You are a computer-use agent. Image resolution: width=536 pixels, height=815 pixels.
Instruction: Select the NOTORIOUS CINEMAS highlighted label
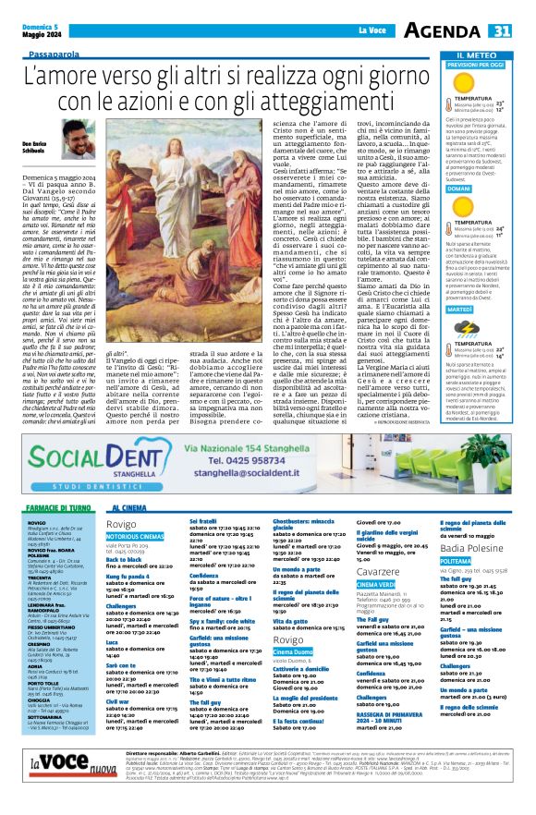pos(135,535)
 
